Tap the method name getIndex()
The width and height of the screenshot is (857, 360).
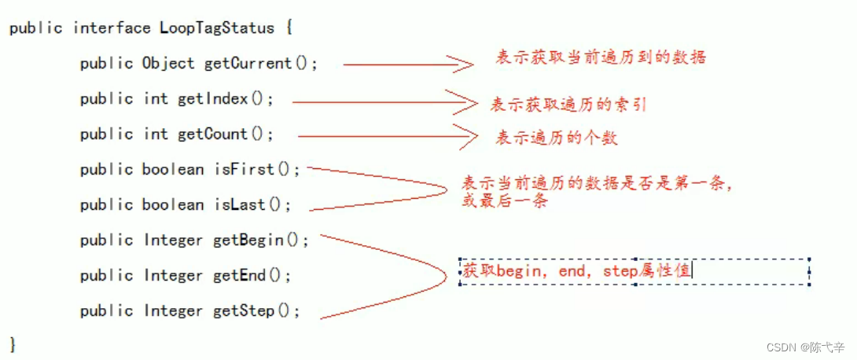[224, 99]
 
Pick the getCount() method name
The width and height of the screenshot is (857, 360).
[226, 134]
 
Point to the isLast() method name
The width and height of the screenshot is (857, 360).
[252, 205]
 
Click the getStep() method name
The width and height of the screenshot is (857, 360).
[256, 311]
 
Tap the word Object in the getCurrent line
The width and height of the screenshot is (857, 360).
[168, 64]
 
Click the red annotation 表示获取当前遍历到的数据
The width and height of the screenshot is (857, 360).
[601, 57]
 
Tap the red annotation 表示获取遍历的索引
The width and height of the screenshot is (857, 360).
[568, 105]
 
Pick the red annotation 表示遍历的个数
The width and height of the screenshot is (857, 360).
[556, 138]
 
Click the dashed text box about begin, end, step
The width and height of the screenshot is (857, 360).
[634, 272]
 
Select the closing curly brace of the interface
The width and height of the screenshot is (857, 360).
[13, 344]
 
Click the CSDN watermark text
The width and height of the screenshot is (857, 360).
[805, 346]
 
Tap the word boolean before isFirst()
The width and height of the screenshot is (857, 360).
[174, 170]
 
